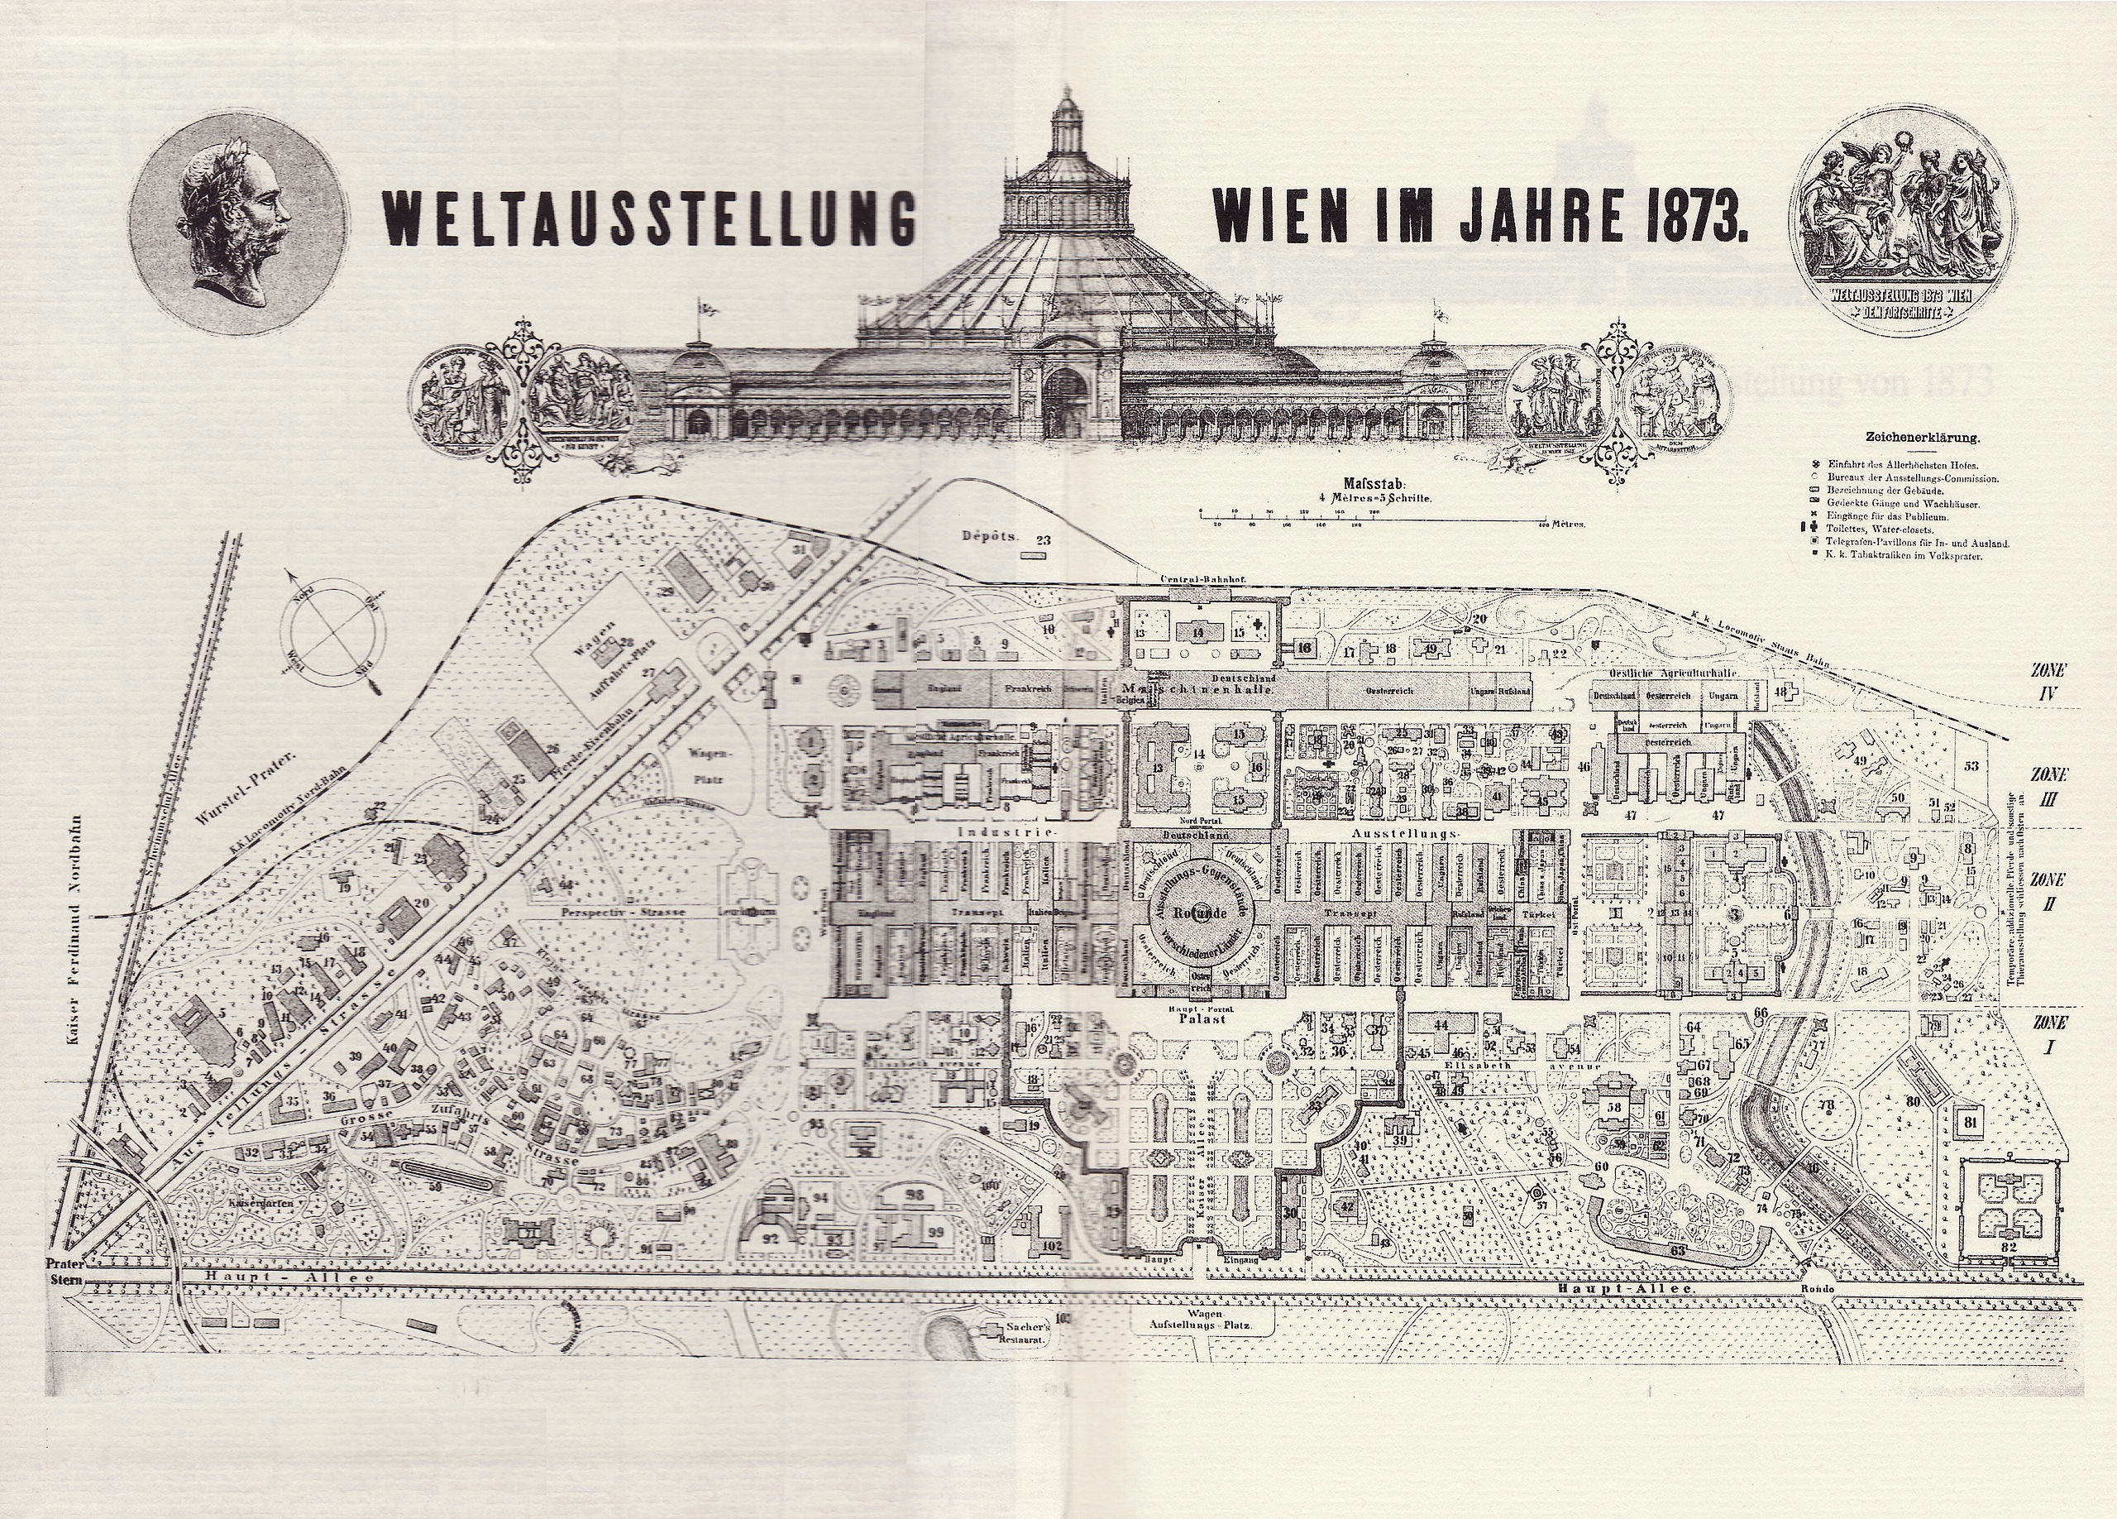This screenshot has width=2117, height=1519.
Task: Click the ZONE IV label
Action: (x=2050, y=681)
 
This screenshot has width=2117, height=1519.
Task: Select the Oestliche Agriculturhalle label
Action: (x=1667, y=675)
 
